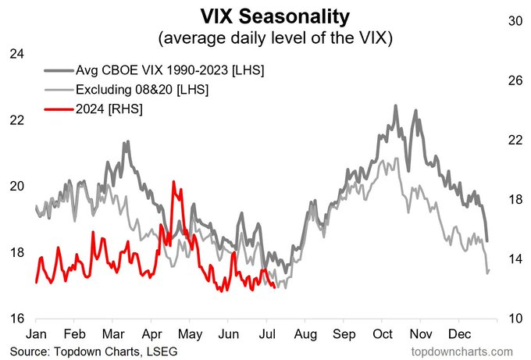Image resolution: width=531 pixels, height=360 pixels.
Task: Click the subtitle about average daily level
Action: point(265,37)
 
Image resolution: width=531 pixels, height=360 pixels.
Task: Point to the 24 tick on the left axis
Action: point(17,54)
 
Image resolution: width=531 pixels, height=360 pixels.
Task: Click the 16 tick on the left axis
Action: point(17,318)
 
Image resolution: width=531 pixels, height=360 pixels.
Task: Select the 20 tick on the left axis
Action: point(17,186)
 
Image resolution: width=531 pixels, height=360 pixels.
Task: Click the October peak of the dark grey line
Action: point(395,106)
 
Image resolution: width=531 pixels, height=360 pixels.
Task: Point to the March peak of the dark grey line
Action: point(125,142)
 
